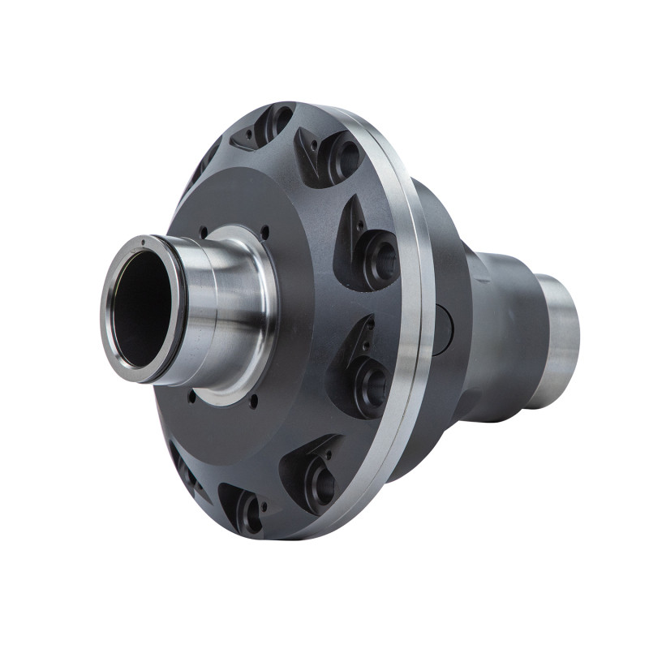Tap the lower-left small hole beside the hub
coord(191,398)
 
